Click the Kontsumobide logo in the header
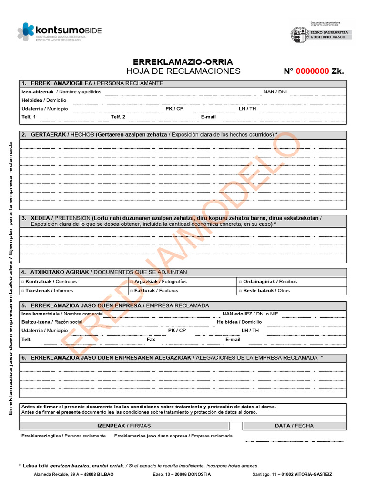click(60, 31)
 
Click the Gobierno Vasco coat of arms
click(299, 34)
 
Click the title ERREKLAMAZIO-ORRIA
click(183, 62)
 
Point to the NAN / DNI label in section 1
click(275, 92)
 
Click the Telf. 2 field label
click(118, 117)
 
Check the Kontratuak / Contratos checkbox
click(23, 282)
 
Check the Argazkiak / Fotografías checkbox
click(132, 282)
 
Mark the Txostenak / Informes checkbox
click(23, 291)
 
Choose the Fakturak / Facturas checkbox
click(132, 291)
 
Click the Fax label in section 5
click(151, 340)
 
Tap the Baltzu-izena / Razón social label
click(52, 322)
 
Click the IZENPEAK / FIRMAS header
click(124, 426)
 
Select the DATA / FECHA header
click(294, 426)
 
